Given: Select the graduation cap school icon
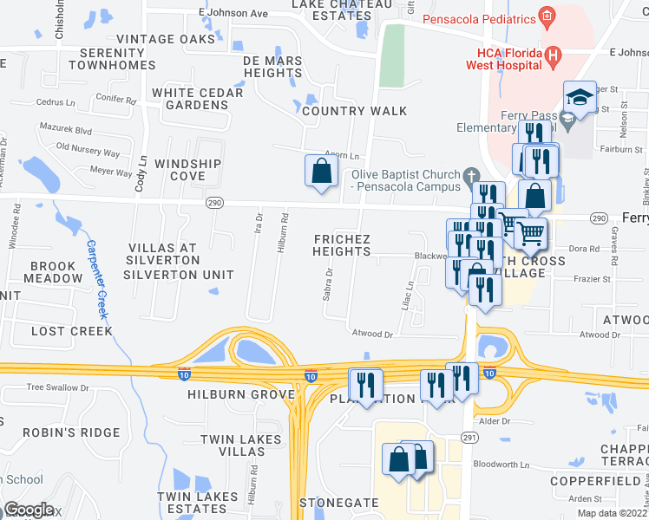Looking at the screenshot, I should [x=579, y=96].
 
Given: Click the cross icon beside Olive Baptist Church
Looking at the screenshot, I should [x=472, y=175].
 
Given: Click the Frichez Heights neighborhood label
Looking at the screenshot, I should [x=342, y=245].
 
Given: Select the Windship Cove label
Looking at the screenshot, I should [x=188, y=170].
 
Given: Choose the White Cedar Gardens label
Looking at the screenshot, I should [x=190, y=99].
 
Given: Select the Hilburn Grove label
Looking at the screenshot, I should [x=241, y=394].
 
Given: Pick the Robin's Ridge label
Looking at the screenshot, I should [x=60, y=432].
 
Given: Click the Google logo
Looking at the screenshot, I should [x=29, y=510].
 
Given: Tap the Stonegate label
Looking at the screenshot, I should [x=339, y=503].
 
